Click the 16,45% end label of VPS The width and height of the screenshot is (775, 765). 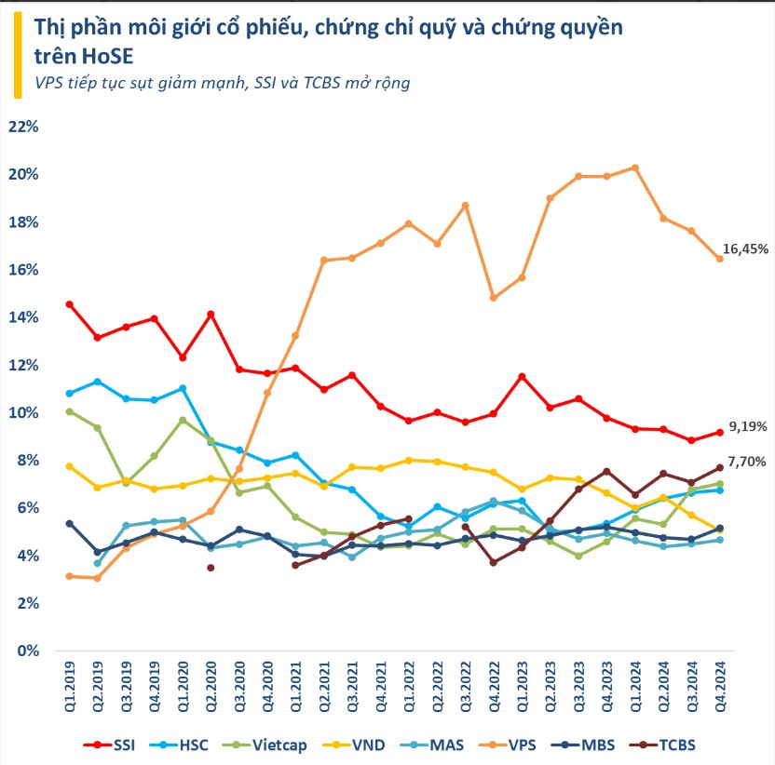746,249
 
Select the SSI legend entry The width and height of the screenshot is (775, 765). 119,744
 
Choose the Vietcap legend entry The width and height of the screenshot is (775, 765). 282,744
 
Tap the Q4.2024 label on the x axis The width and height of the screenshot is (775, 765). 719,688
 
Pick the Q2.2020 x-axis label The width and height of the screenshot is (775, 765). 211,688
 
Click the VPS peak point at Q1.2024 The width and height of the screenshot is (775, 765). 633,168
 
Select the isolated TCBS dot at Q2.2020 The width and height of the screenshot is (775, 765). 211,567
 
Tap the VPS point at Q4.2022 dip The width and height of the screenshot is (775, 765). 493,298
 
